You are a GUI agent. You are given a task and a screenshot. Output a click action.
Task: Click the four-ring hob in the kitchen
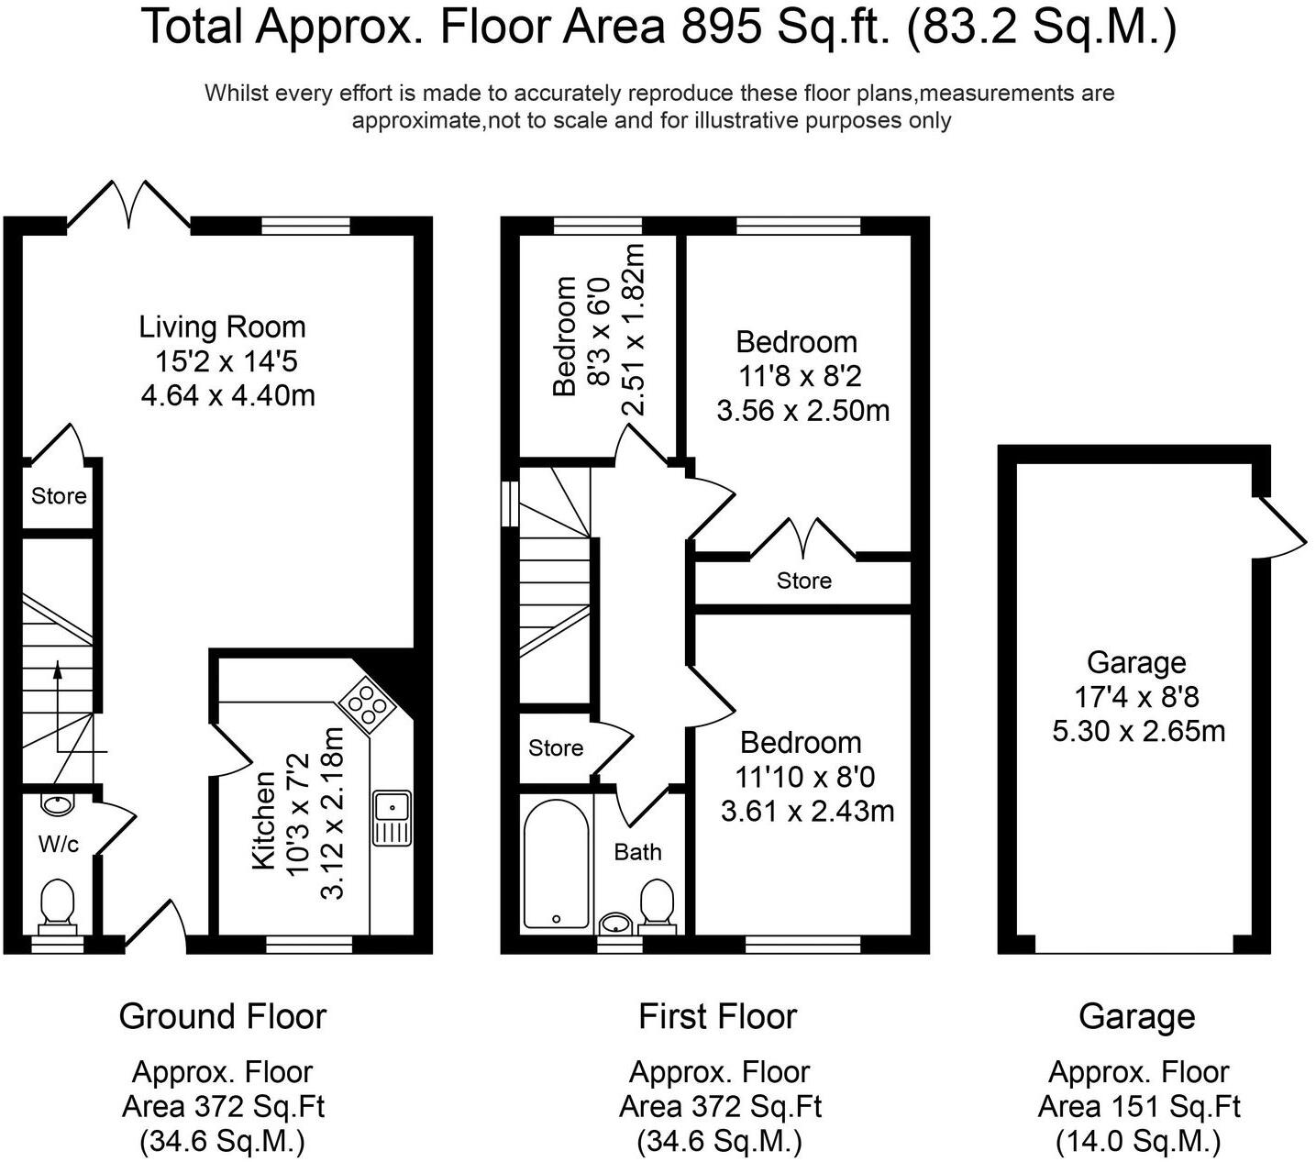[366, 706]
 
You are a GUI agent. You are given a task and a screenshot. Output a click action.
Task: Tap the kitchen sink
[393, 818]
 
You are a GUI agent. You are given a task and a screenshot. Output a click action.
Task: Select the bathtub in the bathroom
[556, 863]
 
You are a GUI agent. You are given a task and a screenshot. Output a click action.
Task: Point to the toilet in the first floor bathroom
[657, 904]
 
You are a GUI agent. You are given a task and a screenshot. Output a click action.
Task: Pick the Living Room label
[222, 326]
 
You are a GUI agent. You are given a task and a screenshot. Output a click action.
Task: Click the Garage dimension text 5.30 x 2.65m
[1139, 732]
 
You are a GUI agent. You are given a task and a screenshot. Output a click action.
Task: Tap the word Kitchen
[264, 820]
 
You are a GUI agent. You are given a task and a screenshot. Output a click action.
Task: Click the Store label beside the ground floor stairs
[59, 496]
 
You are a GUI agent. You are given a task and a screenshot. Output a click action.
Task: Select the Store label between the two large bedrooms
[804, 581]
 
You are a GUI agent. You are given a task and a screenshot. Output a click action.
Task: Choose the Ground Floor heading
[222, 1017]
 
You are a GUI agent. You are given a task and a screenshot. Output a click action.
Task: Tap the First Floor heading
[718, 1017]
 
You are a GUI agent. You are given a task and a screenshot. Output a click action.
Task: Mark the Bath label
[638, 852]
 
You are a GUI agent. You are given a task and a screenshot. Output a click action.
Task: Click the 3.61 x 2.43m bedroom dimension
[807, 812]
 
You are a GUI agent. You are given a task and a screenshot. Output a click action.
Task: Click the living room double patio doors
[128, 204]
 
